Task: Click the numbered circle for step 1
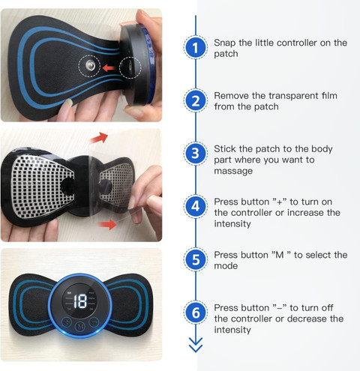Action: click(196, 49)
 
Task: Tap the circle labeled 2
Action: click(196, 101)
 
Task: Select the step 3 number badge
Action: click(196, 154)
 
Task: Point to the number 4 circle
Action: click(196, 207)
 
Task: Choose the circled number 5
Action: click(196, 260)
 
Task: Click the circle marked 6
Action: click(196, 313)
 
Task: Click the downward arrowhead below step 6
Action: click(196, 346)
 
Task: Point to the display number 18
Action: click(79, 302)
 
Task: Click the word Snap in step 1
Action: click(226, 43)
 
